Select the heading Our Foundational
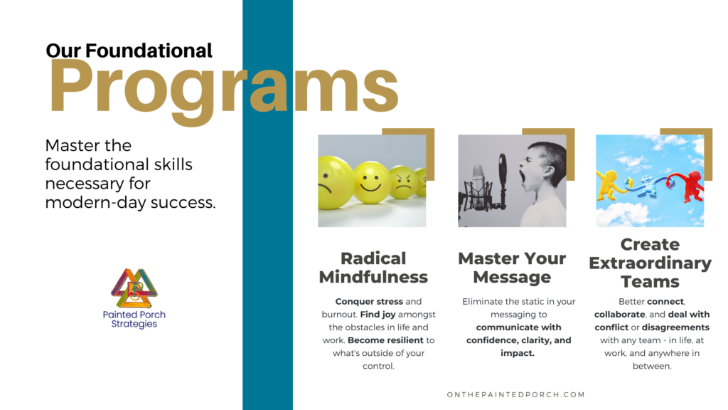pyautogui.click(x=129, y=51)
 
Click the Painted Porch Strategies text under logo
pyautogui.click(x=134, y=319)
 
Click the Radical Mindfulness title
pyautogui.click(x=373, y=268)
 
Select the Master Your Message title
pyautogui.click(x=512, y=268)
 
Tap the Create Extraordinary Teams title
pyautogui.click(x=650, y=263)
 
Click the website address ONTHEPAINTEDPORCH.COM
pyautogui.click(x=515, y=394)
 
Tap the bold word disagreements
pyautogui.click(x=675, y=327)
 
